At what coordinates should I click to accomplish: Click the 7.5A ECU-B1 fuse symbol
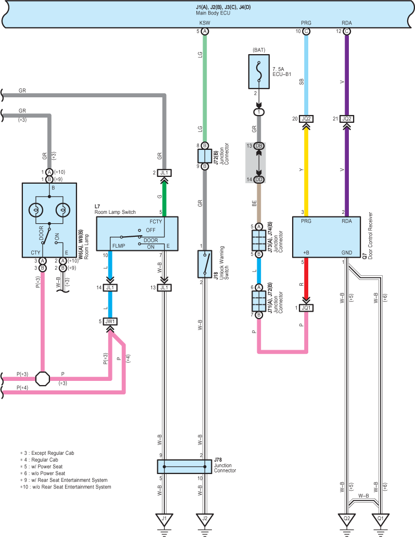pyautogui.click(x=259, y=72)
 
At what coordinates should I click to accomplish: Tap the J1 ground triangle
pyautogui.click(x=164, y=519)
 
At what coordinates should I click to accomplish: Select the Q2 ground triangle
pyautogui.click(x=346, y=519)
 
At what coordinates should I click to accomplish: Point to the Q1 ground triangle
pyautogui.click(x=381, y=519)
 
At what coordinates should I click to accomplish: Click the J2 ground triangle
pyautogui.click(x=205, y=519)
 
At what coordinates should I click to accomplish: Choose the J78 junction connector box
pyautogui.click(x=184, y=466)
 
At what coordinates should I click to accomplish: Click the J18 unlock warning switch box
pyautogui.click(x=205, y=264)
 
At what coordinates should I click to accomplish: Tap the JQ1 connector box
pyautogui.click(x=306, y=308)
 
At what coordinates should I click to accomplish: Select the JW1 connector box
pyautogui.click(x=110, y=321)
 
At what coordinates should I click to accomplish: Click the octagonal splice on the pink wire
pyautogui.click(x=43, y=378)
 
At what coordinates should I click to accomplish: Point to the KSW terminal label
pyautogui.click(x=205, y=23)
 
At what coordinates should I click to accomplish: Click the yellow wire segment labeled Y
pyautogui.click(x=306, y=170)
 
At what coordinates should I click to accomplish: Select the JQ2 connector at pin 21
pyautogui.click(x=346, y=119)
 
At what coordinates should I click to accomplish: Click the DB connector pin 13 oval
pyautogui.click(x=259, y=146)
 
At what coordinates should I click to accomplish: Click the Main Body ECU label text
pyautogui.click(x=213, y=13)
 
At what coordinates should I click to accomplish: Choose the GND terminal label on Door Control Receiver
pyautogui.click(x=346, y=252)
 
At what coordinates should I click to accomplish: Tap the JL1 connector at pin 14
pyautogui.click(x=110, y=288)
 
